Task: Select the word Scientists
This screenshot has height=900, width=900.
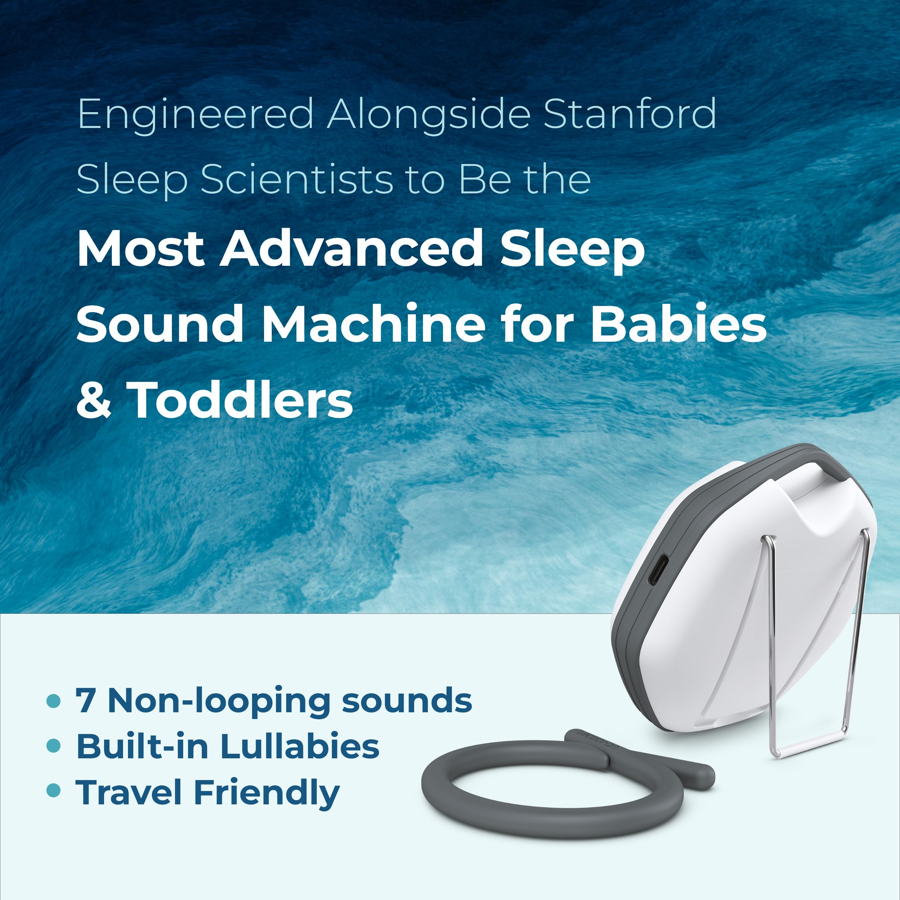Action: (x=297, y=180)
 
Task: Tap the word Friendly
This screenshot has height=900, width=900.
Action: (x=266, y=793)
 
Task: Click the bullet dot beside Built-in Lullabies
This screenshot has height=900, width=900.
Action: (x=54, y=746)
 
